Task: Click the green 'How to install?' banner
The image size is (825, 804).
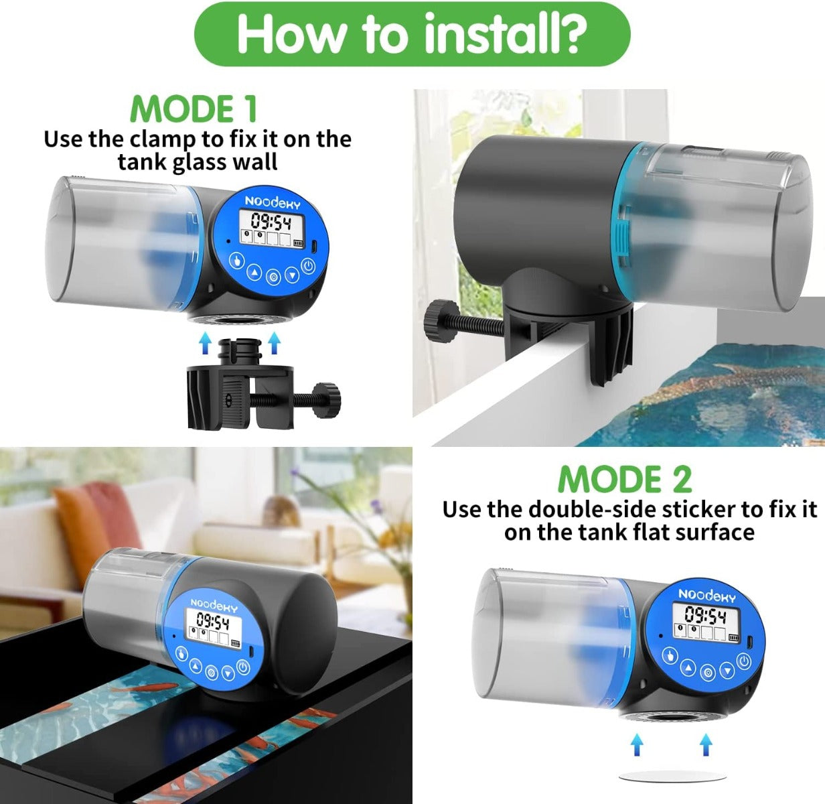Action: coord(411,33)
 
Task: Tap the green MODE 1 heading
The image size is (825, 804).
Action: coord(194,109)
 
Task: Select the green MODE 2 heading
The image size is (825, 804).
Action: coord(624,479)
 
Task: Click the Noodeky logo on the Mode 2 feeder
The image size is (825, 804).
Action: coord(706,595)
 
